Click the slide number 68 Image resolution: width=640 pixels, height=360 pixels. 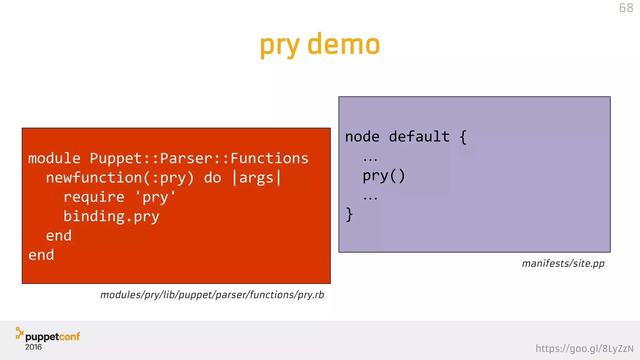[626, 8]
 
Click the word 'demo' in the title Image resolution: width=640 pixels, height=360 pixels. [344, 44]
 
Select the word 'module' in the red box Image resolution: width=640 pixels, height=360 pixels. [54, 158]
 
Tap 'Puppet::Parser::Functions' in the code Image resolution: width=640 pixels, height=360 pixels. [199, 158]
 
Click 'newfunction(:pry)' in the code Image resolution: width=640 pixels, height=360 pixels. [120, 178]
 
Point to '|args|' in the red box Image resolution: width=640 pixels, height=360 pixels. [257, 178]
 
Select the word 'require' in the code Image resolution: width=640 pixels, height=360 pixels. [94, 197]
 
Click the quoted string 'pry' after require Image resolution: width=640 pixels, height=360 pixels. [155, 197]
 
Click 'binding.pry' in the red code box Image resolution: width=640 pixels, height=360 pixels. [111, 217]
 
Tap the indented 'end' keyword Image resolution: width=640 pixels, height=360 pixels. [59, 236]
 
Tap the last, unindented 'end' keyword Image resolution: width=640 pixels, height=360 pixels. [41, 255]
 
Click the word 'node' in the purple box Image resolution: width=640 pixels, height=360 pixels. [362, 137]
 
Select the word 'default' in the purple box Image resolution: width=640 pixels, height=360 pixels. [419, 137]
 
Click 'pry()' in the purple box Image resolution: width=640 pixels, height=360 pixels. [384, 176]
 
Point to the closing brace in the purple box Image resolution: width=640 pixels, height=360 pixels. [349, 215]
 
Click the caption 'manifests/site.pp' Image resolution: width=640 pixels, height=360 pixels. [563, 263]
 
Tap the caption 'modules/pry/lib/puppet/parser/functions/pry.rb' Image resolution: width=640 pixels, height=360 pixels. [212, 295]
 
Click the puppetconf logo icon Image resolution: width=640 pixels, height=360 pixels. [19, 333]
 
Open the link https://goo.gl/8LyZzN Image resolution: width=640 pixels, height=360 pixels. [584, 348]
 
